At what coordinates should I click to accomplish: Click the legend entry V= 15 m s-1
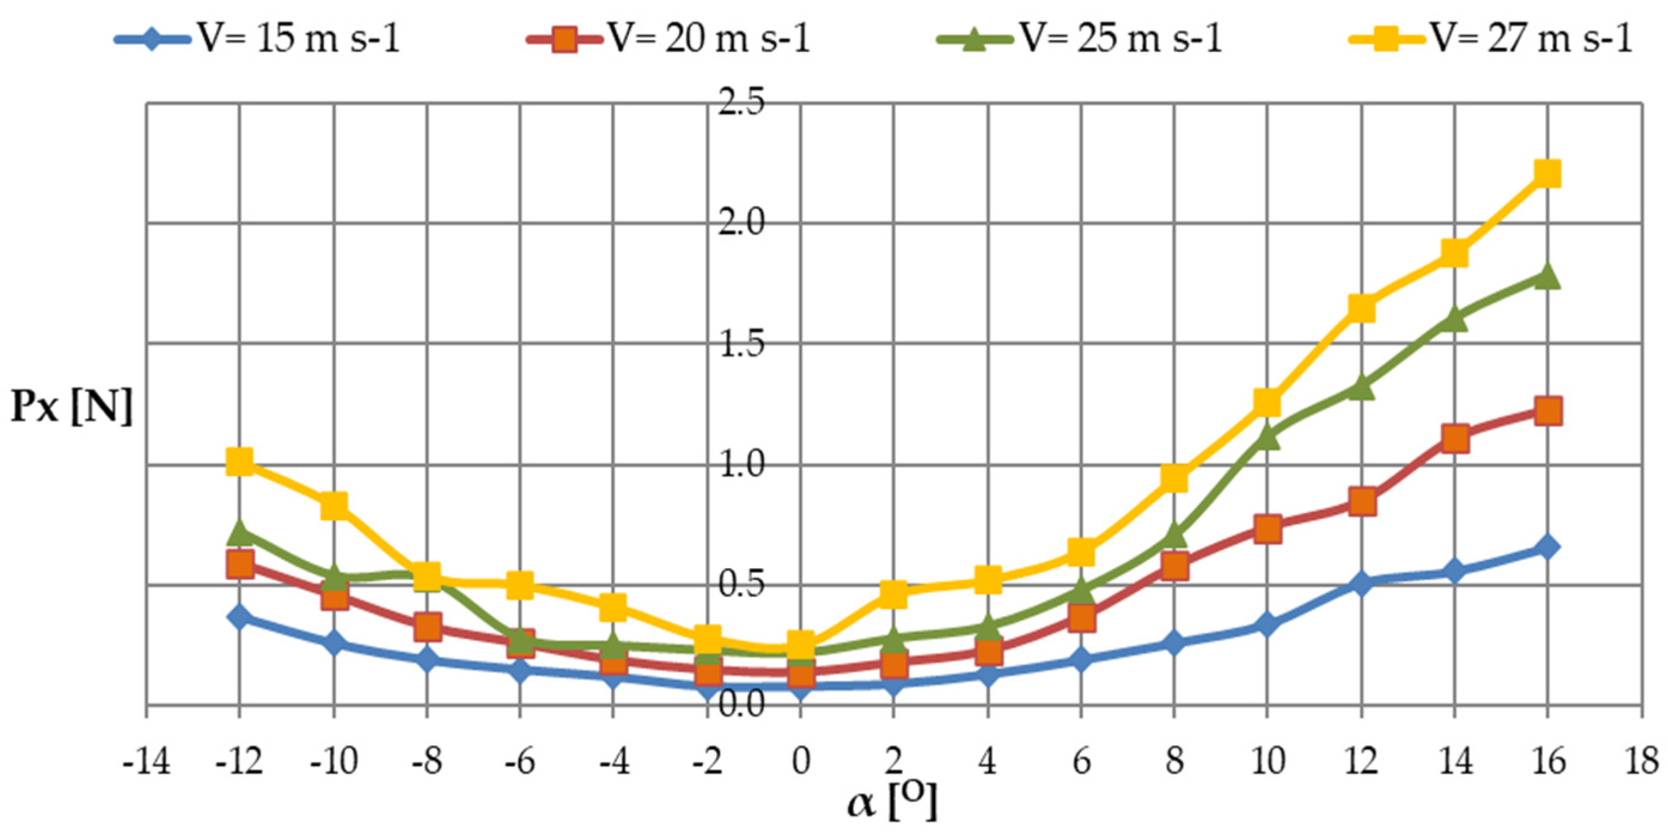pos(259,39)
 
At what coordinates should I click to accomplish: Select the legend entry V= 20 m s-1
pos(670,39)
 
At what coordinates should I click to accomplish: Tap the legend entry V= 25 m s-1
pos(1082,39)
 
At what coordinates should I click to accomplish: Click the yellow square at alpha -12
pos(240,462)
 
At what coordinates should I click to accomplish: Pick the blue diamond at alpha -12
pos(240,616)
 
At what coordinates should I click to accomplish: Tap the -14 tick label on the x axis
pos(147,762)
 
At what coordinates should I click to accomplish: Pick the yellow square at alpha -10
pos(334,505)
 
